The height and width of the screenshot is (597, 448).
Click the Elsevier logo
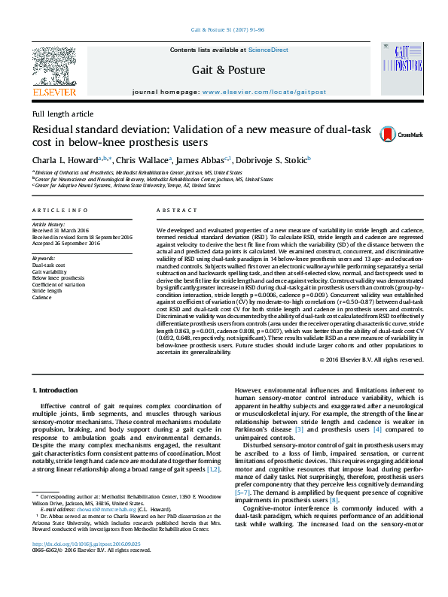(54, 72)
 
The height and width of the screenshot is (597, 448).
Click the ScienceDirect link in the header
(269, 50)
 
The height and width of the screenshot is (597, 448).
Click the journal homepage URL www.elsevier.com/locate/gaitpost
(263, 91)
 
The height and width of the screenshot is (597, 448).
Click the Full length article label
(63, 114)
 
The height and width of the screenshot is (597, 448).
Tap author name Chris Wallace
(147, 159)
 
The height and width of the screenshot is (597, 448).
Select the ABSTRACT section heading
(174, 211)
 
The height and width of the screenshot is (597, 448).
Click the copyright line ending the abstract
(369, 360)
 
